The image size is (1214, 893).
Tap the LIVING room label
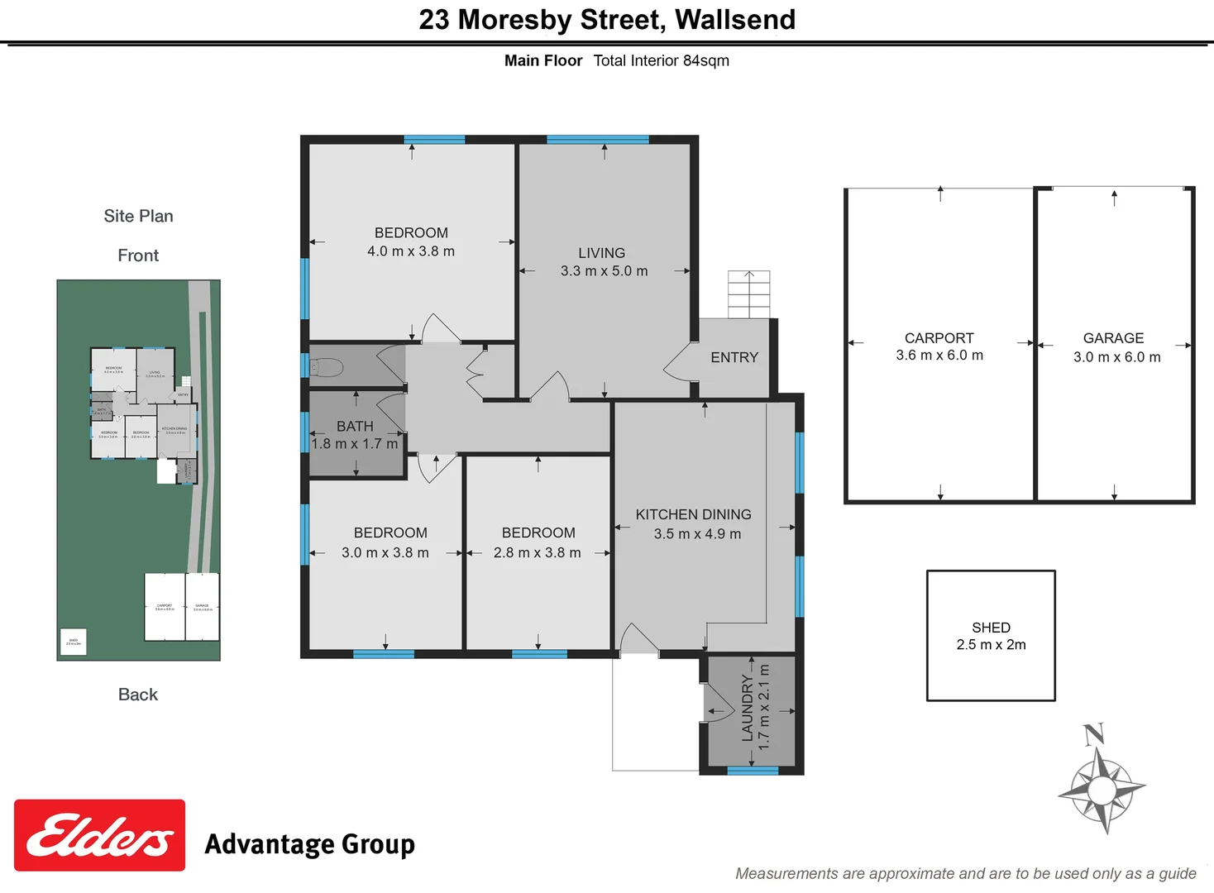click(x=601, y=253)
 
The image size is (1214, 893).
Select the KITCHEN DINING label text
click(x=693, y=514)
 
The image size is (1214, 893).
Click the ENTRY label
click(x=734, y=357)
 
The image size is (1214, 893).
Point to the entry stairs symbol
click(x=748, y=294)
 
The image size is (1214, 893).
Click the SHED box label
click(x=991, y=628)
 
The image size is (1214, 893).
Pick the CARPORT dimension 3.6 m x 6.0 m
click(x=939, y=356)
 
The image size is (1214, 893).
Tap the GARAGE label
click(x=1113, y=338)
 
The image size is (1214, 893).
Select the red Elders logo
click(x=99, y=835)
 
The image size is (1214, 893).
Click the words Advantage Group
click(x=309, y=844)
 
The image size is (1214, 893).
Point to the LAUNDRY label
click(x=748, y=709)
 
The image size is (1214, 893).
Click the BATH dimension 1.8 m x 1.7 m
click(x=355, y=444)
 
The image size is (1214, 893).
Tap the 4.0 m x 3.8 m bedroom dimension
click(x=411, y=251)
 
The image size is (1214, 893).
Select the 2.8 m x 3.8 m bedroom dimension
click(x=537, y=552)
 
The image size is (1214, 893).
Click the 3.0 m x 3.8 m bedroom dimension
click(x=385, y=552)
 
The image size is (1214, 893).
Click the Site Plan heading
click(x=138, y=216)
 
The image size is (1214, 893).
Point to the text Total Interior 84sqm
click(x=661, y=60)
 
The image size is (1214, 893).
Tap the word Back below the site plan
click(x=137, y=695)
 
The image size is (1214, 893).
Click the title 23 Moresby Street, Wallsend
click(x=607, y=20)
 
